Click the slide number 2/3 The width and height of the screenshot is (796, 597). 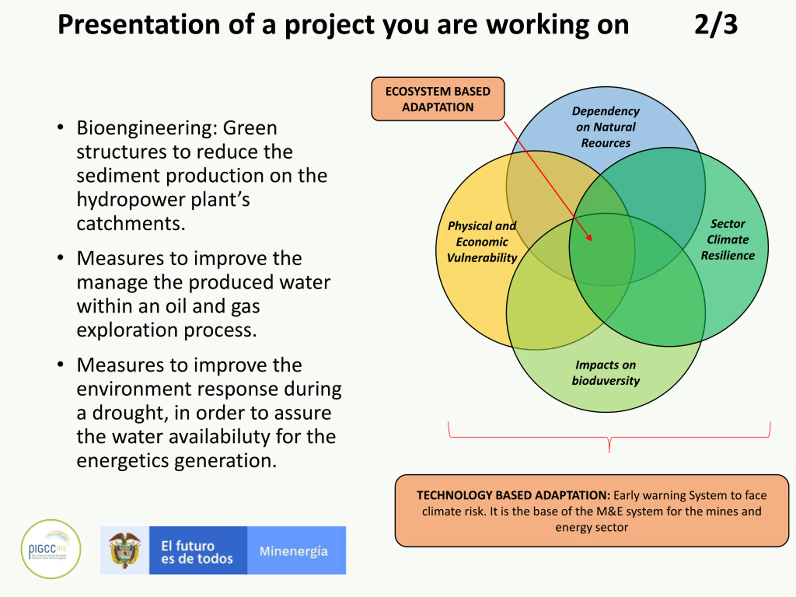point(716,25)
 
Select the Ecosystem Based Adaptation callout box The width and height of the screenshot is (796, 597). point(437,99)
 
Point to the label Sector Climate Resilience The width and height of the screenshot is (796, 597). point(727,240)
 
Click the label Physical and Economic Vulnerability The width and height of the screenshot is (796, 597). point(482,242)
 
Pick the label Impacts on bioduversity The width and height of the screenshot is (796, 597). point(606,373)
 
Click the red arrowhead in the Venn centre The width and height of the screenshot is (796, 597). point(590,238)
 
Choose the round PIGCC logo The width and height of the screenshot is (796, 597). point(51,549)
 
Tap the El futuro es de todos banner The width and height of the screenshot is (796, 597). point(197,551)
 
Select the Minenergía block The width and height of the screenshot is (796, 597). point(294,551)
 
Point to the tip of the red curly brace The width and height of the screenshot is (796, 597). point(609,451)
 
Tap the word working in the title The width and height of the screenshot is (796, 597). point(538,25)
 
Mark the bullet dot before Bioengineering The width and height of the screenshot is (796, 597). point(60,128)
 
